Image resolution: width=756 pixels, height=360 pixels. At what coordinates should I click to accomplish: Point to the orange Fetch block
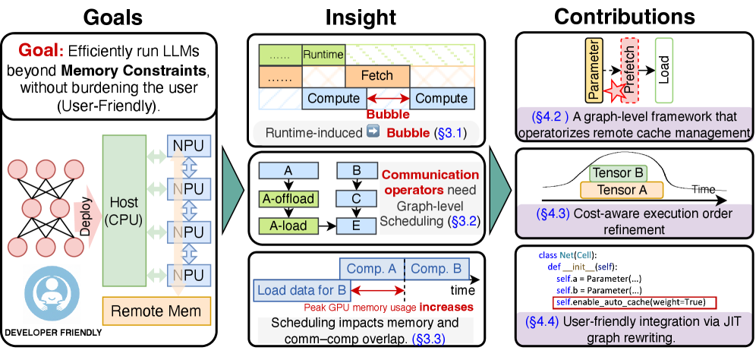(377, 76)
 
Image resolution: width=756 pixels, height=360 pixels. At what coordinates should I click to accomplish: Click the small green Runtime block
(323, 54)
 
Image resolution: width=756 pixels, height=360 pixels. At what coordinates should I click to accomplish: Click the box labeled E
(354, 226)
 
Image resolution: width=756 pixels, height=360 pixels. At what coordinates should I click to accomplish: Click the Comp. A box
(370, 268)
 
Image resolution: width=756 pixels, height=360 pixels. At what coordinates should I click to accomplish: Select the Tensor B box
(619, 173)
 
